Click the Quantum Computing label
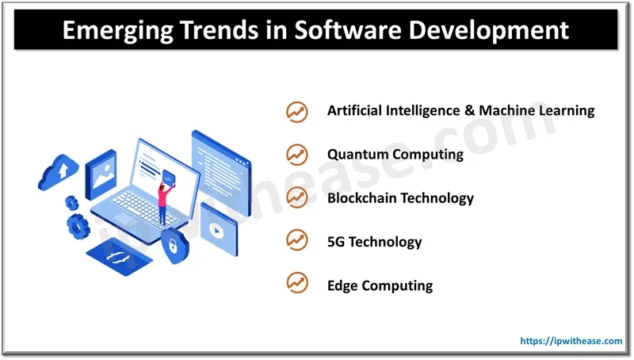(395, 154)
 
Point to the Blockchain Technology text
(400, 197)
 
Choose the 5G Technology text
(374, 241)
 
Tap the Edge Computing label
(380, 285)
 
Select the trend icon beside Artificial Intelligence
(297, 111)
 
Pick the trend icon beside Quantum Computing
(297, 154)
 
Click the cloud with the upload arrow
(58, 171)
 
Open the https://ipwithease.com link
(571, 341)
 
